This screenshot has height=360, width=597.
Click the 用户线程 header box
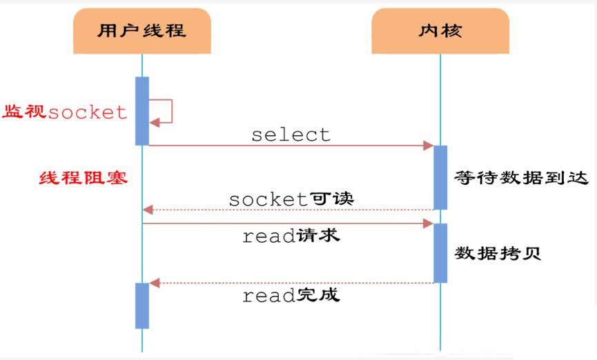click(141, 30)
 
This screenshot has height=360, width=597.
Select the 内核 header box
click(440, 31)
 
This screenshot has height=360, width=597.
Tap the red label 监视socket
click(66, 112)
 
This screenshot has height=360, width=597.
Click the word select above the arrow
click(291, 134)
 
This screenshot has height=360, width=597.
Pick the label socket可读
click(291, 199)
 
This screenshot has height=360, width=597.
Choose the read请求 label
click(291, 236)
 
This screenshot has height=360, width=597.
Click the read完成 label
click(291, 296)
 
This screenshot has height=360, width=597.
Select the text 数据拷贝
click(498, 252)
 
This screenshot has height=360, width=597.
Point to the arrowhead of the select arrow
click(429, 146)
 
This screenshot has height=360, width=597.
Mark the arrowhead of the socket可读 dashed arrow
click(148, 210)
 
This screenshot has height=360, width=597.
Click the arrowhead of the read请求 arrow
click(429, 223)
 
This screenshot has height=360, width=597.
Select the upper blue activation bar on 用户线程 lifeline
click(142, 110)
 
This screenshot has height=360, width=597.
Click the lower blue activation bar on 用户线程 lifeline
click(142, 306)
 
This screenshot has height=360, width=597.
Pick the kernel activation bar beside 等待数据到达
click(440, 177)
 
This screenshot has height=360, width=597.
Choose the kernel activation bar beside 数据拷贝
click(440, 252)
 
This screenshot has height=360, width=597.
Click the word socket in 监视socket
click(88, 112)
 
